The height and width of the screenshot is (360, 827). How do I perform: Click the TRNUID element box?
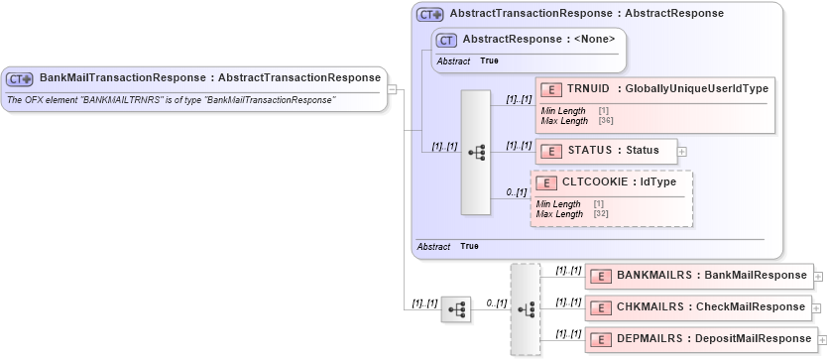click(654, 89)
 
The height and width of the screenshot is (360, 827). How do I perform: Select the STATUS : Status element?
click(606, 151)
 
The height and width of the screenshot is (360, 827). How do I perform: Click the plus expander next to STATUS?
click(682, 152)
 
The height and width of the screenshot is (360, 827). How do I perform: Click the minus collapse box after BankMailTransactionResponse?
click(393, 89)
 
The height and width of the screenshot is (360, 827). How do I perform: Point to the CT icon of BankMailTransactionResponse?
click(21, 78)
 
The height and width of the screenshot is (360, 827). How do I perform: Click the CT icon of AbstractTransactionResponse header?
click(429, 15)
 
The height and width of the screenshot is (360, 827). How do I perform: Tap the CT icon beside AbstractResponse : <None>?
click(447, 40)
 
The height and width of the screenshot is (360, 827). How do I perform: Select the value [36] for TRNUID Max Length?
click(606, 121)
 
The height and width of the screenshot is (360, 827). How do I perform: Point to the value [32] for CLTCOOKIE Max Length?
click(601, 213)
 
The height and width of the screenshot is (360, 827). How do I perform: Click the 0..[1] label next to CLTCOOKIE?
click(516, 192)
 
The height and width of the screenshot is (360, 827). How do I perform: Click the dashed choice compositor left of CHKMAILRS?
click(525, 308)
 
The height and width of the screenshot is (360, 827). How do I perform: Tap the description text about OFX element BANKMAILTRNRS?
click(171, 100)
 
